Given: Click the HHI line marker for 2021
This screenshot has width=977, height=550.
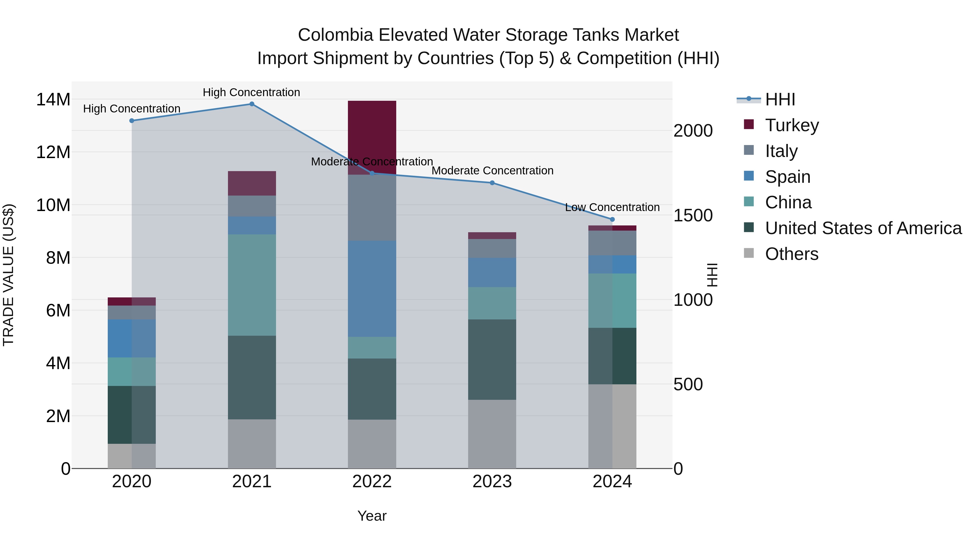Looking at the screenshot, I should click(x=252, y=104).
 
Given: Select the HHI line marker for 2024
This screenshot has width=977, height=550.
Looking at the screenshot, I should click(x=612, y=219).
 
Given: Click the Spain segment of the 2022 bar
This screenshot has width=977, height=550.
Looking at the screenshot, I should click(x=372, y=288).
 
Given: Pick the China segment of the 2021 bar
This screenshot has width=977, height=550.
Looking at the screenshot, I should click(x=252, y=285).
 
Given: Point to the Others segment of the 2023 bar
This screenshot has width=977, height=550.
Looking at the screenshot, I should click(x=492, y=434).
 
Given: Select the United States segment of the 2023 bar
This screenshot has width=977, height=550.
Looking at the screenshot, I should click(x=492, y=359).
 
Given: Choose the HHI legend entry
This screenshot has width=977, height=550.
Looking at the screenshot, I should click(x=780, y=99).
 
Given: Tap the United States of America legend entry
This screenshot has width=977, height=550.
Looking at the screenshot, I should click(x=863, y=228).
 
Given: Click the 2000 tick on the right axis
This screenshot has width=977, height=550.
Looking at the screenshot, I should click(x=693, y=131).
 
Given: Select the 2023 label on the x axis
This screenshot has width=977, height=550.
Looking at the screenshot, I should click(x=492, y=482).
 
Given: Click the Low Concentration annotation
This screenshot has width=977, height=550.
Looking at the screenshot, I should click(x=612, y=207).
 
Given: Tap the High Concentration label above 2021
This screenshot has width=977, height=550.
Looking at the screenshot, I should click(x=252, y=92).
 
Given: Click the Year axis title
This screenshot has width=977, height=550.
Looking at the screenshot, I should click(x=372, y=516).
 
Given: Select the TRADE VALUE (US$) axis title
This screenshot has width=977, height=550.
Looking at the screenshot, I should click(x=8, y=275).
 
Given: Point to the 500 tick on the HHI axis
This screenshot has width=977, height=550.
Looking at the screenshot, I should click(x=688, y=385).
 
